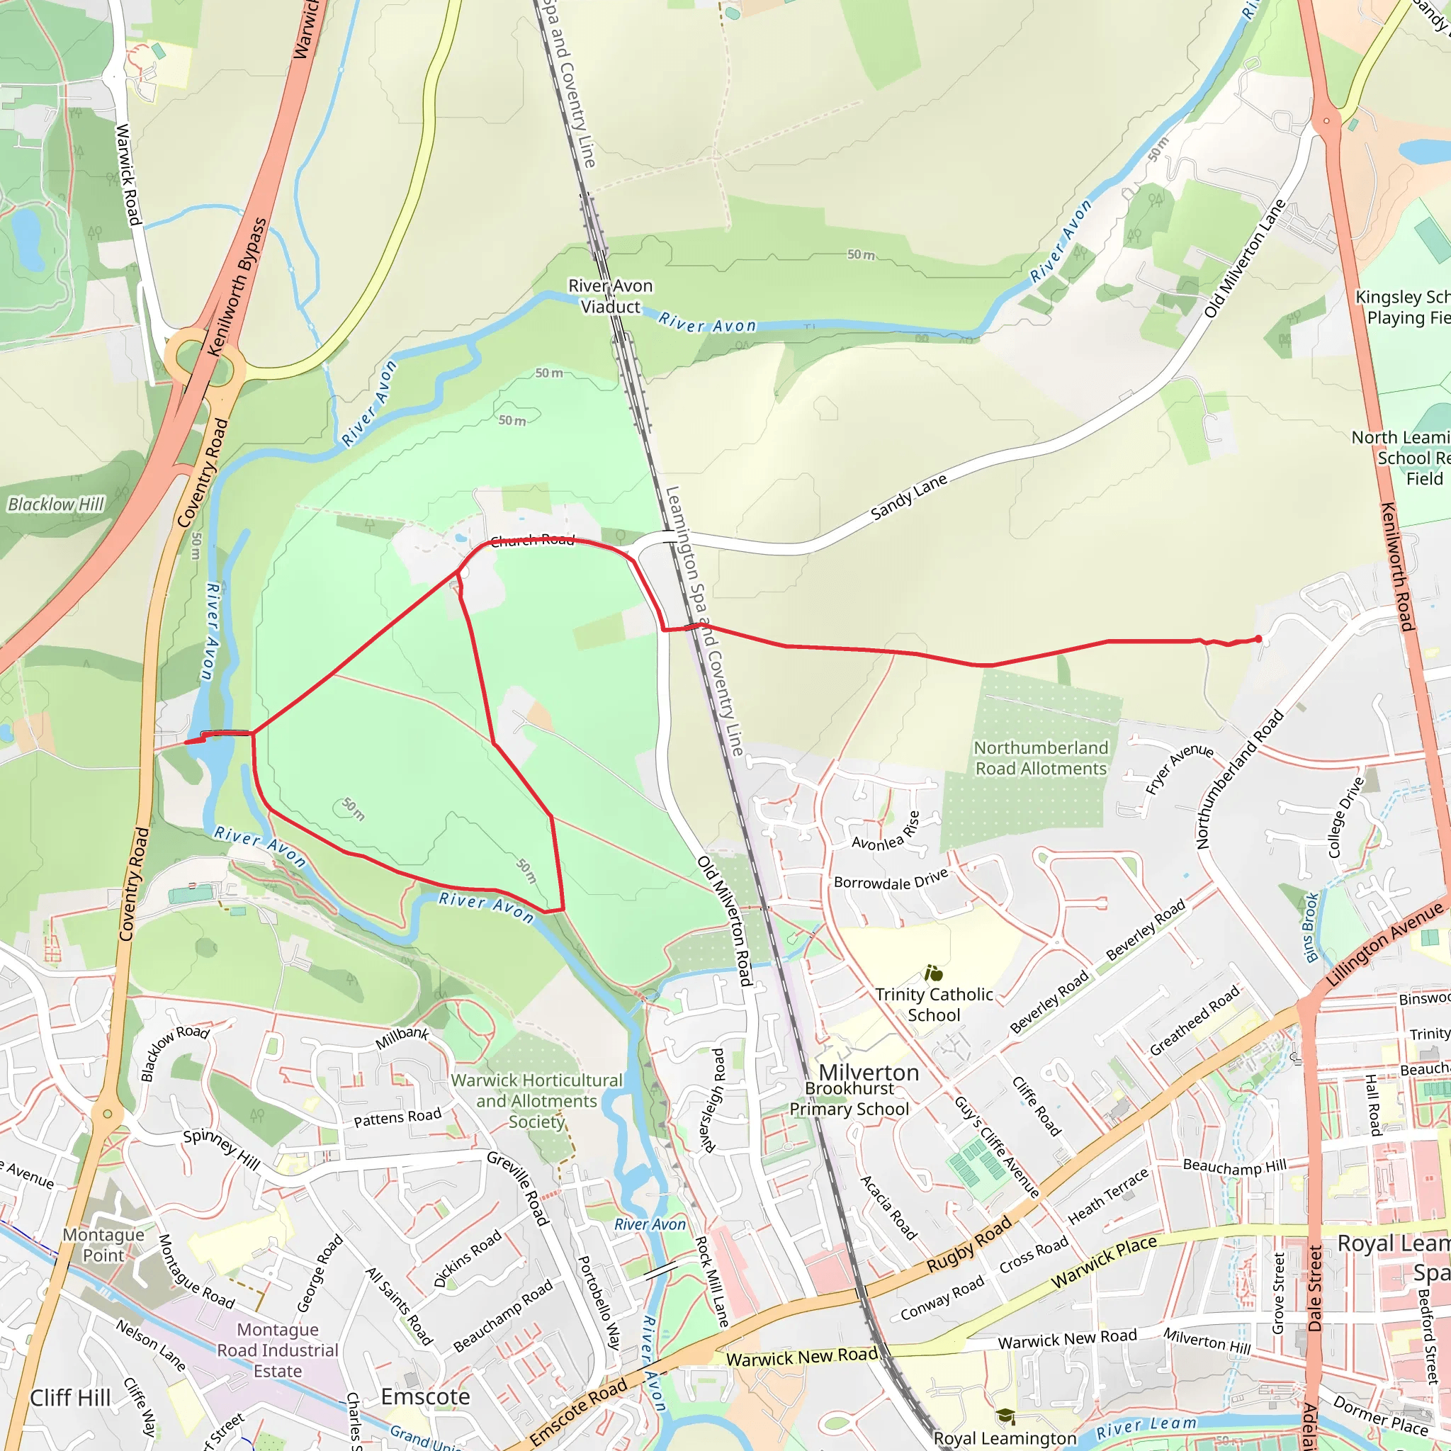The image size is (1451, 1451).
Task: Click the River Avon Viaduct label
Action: (610, 296)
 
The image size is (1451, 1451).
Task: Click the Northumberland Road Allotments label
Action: (1040, 758)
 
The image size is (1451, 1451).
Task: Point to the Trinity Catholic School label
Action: (934, 1004)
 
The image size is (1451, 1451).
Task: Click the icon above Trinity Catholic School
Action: (934, 974)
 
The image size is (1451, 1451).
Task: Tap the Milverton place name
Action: (868, 1073)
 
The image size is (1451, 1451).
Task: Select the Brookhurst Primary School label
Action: (849, 1099)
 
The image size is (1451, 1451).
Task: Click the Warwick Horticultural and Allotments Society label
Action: (537, 1100)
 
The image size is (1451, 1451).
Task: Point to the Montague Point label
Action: (103, 1244)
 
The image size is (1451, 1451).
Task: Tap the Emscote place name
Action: (425, 1396)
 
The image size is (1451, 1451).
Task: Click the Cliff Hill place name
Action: (71, 1398)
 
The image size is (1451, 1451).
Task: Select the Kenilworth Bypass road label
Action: (237, 287)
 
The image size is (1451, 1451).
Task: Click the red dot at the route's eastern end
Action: (1259, 639)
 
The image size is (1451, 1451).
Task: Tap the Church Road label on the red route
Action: (533, 540)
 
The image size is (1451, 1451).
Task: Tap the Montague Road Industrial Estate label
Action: (277, 1350)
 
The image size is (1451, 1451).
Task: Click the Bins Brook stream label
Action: (1311, 927)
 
